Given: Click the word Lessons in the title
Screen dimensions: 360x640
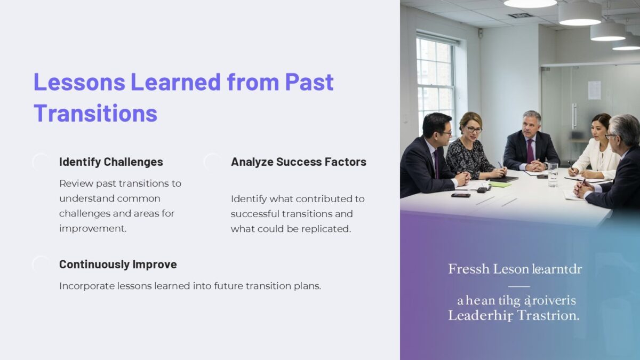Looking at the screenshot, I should click(79, 82).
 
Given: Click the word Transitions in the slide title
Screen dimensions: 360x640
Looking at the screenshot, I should click(95, 113).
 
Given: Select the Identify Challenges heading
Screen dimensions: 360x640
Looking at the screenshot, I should click(111, 162).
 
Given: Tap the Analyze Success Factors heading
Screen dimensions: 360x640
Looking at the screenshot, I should click(298, 162).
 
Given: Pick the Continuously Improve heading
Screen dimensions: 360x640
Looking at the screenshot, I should click(118, 264).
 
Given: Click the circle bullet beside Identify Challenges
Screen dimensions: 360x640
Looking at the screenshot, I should click(41, 162).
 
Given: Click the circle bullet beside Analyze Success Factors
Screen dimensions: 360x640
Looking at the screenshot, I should click(213, 162).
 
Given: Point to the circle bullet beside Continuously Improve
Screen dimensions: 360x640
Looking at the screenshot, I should click(41, 265).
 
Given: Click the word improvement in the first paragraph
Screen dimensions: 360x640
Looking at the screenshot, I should click(92, 228).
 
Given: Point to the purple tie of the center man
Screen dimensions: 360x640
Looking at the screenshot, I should click(530, 150).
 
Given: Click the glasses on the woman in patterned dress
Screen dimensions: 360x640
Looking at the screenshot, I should click(474, 129).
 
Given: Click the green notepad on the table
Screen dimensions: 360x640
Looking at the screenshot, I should click(501, 184).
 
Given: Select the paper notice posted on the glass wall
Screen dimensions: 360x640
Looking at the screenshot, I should click(594, 90).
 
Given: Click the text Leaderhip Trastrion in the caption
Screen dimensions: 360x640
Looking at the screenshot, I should click(513, 315).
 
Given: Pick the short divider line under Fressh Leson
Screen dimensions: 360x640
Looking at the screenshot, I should click(519, 286).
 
